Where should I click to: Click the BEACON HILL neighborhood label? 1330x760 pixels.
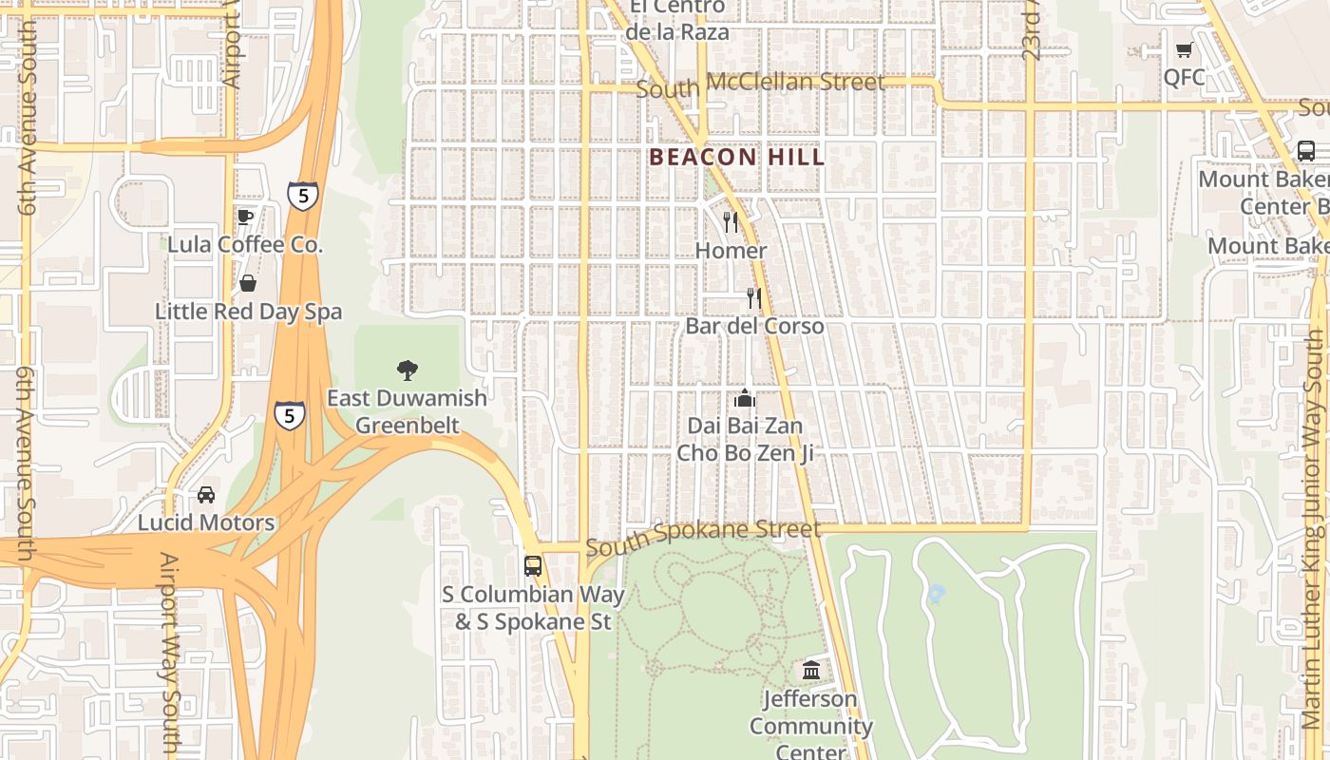tap(737, 158)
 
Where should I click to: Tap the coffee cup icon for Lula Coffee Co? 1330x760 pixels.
tap(245, 217)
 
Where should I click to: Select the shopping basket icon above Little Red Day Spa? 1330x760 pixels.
tap(248, 283)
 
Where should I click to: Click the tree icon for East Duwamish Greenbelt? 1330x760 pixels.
tap(408, 370)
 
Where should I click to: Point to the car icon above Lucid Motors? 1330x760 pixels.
tap(206, 495)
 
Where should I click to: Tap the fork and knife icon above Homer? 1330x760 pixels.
tap(731, 222)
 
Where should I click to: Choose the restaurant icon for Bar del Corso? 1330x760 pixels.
tap(754, 298)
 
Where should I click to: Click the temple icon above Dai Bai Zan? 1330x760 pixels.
tap(745, 398)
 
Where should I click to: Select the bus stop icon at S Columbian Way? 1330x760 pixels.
tap(533, 566)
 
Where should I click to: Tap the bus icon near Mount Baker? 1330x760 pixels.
tap(1306, 151)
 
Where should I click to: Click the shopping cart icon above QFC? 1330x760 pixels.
tap(1184, 50)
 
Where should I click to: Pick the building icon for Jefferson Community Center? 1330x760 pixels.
tap(811, 671)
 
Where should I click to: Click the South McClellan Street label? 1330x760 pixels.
tap(760, 85)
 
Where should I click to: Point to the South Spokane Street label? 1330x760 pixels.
tap(702, 538)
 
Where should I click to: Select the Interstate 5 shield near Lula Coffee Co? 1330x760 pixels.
tap(303, 196)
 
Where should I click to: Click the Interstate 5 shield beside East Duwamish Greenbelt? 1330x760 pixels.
tap(290, 415)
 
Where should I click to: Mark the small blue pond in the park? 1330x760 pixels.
tap(936, 595)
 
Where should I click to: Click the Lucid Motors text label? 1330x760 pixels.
tap(206, 522)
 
